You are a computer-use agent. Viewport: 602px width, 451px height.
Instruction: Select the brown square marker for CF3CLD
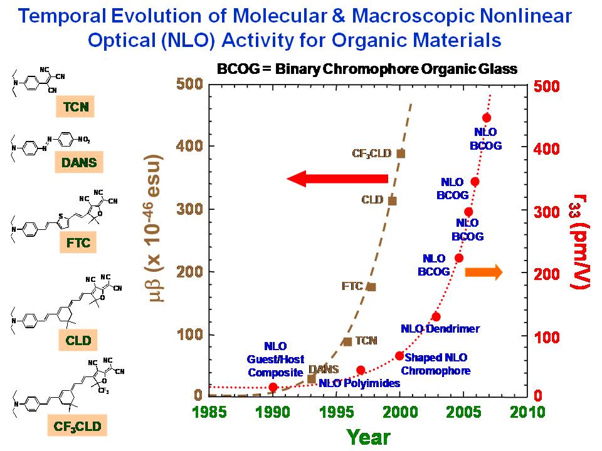coord(401,153)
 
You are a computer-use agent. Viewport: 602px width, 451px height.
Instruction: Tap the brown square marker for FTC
coord(371,287)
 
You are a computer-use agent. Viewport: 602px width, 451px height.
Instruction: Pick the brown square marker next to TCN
coord(347,341)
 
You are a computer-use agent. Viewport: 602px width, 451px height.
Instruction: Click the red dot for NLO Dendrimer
coord(436,317)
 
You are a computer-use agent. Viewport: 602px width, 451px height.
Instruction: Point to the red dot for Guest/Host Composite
coord(273,387)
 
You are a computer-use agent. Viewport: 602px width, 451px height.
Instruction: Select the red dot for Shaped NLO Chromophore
coord(399,356)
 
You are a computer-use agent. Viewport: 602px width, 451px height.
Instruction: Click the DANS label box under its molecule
coord(78,164)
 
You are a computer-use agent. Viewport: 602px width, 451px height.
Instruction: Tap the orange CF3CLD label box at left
coord(77,427)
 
